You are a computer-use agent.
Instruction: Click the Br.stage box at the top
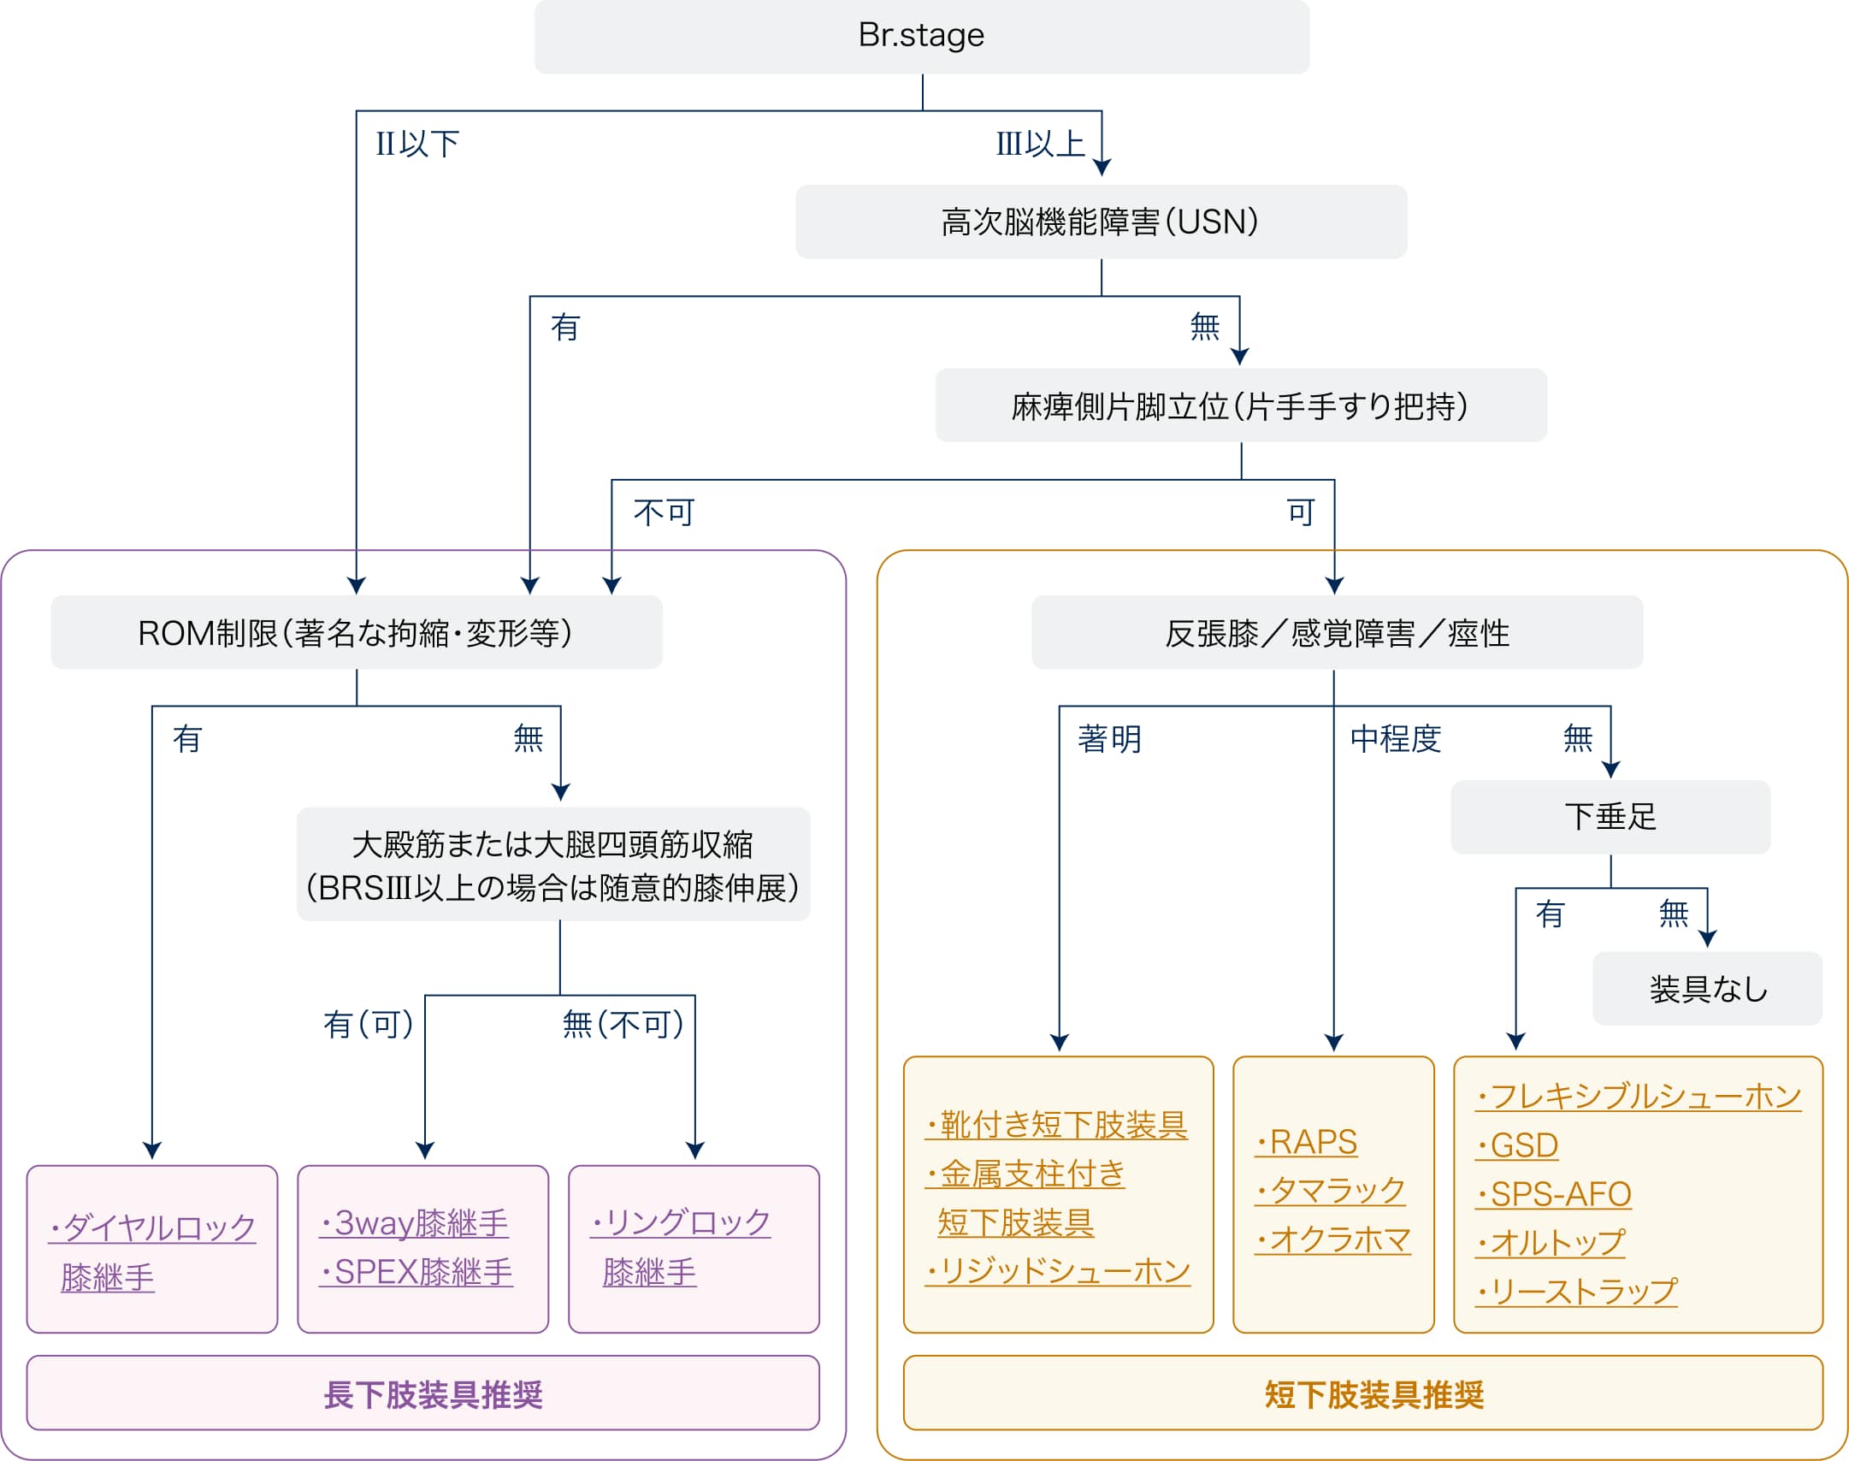921,37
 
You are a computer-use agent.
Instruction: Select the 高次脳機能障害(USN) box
1101,222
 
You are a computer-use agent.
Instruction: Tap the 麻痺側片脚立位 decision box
1240,406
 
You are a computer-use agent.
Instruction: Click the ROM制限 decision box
356,633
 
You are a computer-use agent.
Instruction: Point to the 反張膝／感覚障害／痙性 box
1336,633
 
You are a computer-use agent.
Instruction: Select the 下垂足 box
1610,817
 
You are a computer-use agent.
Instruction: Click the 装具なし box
1707,989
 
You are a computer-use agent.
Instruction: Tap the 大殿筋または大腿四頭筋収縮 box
552,865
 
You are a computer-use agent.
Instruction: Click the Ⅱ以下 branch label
417,144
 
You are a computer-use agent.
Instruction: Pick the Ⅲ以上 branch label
1040,144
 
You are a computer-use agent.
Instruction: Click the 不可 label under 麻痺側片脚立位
664,512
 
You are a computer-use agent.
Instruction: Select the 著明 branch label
1109,739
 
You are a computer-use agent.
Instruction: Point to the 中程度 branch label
1396,739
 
